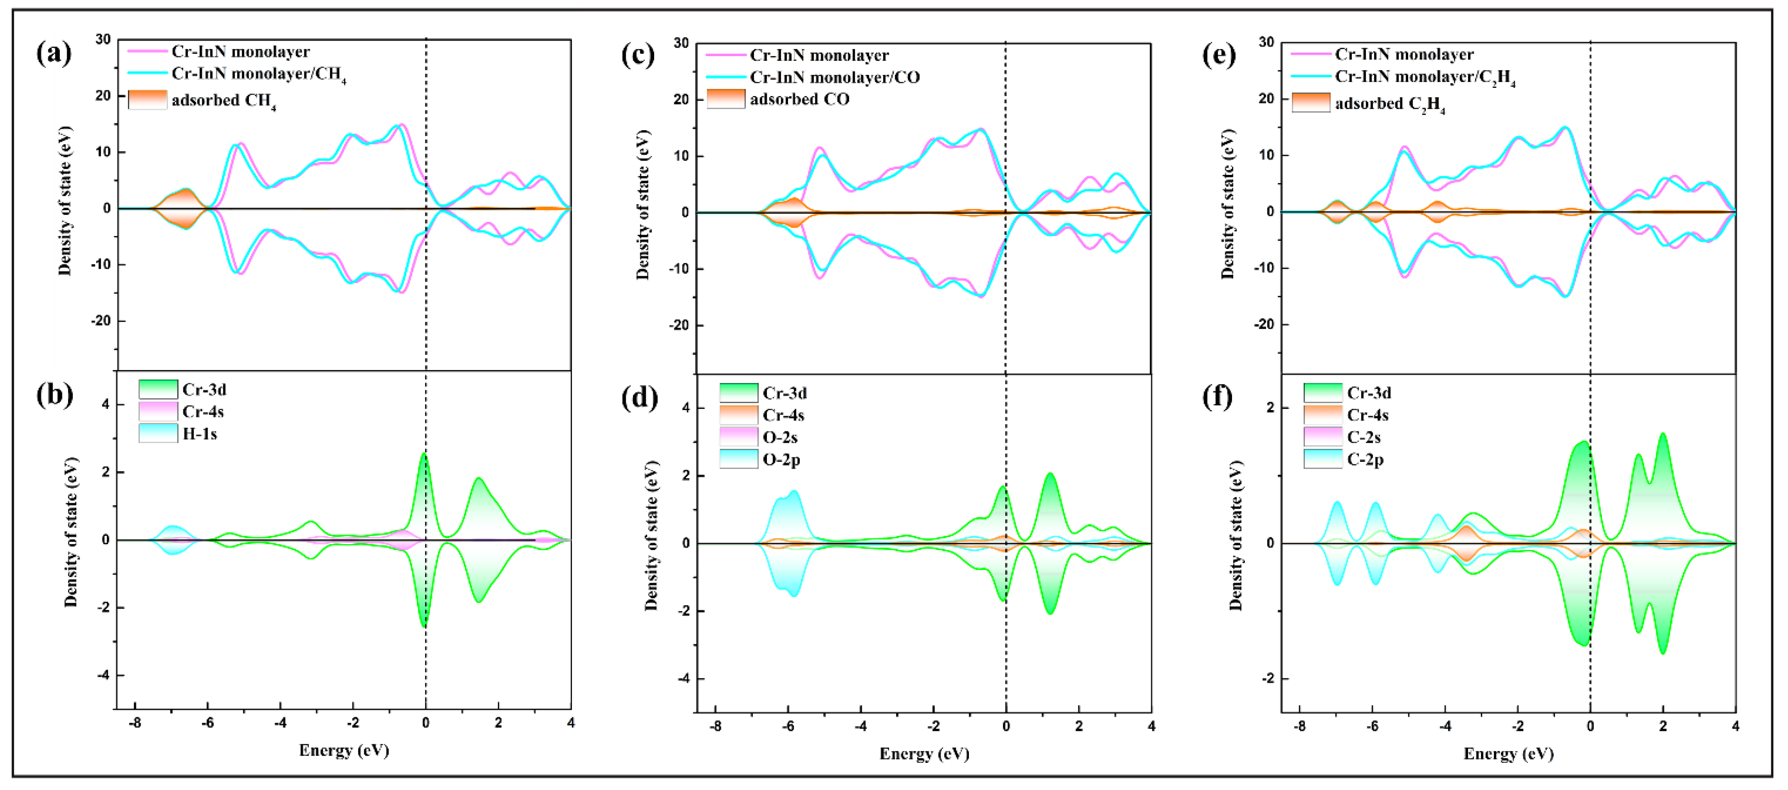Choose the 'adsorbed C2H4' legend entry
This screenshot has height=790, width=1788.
[x=1389, y=103]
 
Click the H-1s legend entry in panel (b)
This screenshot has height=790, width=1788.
[x=199, y=434]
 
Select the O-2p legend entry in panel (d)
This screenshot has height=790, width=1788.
[x=781, y=460]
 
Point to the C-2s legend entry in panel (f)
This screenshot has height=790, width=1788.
[x=1363, y=437]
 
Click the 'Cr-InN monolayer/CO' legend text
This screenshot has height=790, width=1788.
[x=834, y=77]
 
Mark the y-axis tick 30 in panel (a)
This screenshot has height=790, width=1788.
[x=103, y=40]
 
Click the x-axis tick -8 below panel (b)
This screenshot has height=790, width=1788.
[x=135, y=723]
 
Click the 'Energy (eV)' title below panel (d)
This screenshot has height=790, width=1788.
[x=924, y=754]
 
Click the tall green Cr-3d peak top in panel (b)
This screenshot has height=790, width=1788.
[x=423, y=455]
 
